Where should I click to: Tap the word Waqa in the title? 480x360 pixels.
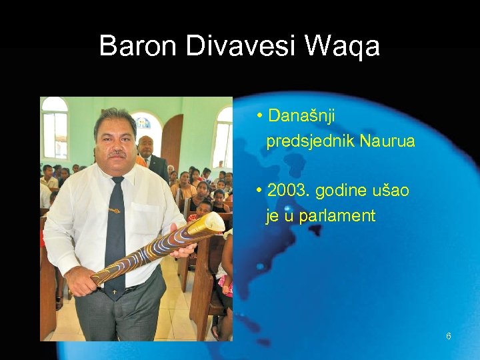click(342, 46)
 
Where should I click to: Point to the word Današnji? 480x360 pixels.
click(301, 117)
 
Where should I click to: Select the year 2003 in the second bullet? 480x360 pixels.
click(288, 191)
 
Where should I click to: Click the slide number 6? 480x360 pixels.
click(448, 337)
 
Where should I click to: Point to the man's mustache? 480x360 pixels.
click(117, 153)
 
